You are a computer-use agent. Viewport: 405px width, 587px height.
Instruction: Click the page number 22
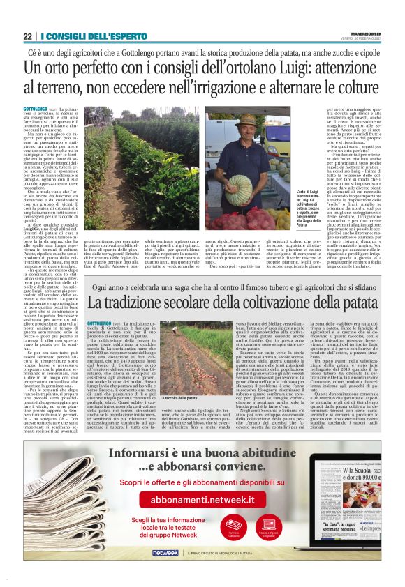click(x=27, y=36)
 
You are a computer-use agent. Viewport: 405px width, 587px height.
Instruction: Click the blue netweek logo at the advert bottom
click(x=165, y=552)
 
